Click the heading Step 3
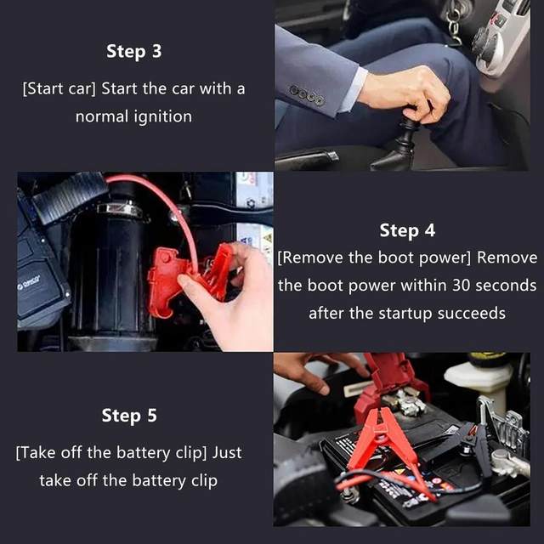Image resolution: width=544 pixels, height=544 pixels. pyautogui.click(x=134, y=51)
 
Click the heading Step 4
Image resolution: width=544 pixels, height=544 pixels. pyautogui.click(x=407, y=230)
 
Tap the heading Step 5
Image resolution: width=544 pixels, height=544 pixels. pyautogui.click(x=129, y=416)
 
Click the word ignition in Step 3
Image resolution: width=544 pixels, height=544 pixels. pyautogui.click(x=162, y=117)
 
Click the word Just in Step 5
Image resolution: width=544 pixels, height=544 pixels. pyautogui.click(x=227, y=453)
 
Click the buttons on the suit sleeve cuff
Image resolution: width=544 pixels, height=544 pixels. pyautogui.click(x=308, y=95)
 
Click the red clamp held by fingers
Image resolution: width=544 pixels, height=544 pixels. pyautogui.click(x=187, y=278)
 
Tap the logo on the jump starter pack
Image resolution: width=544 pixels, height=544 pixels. pyautogui.click(x=29, y=282)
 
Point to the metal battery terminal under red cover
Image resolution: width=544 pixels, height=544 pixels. pyautogui.click(x=405, y=402)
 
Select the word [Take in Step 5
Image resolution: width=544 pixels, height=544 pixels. pyautogui.click(x=36, y=453)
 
